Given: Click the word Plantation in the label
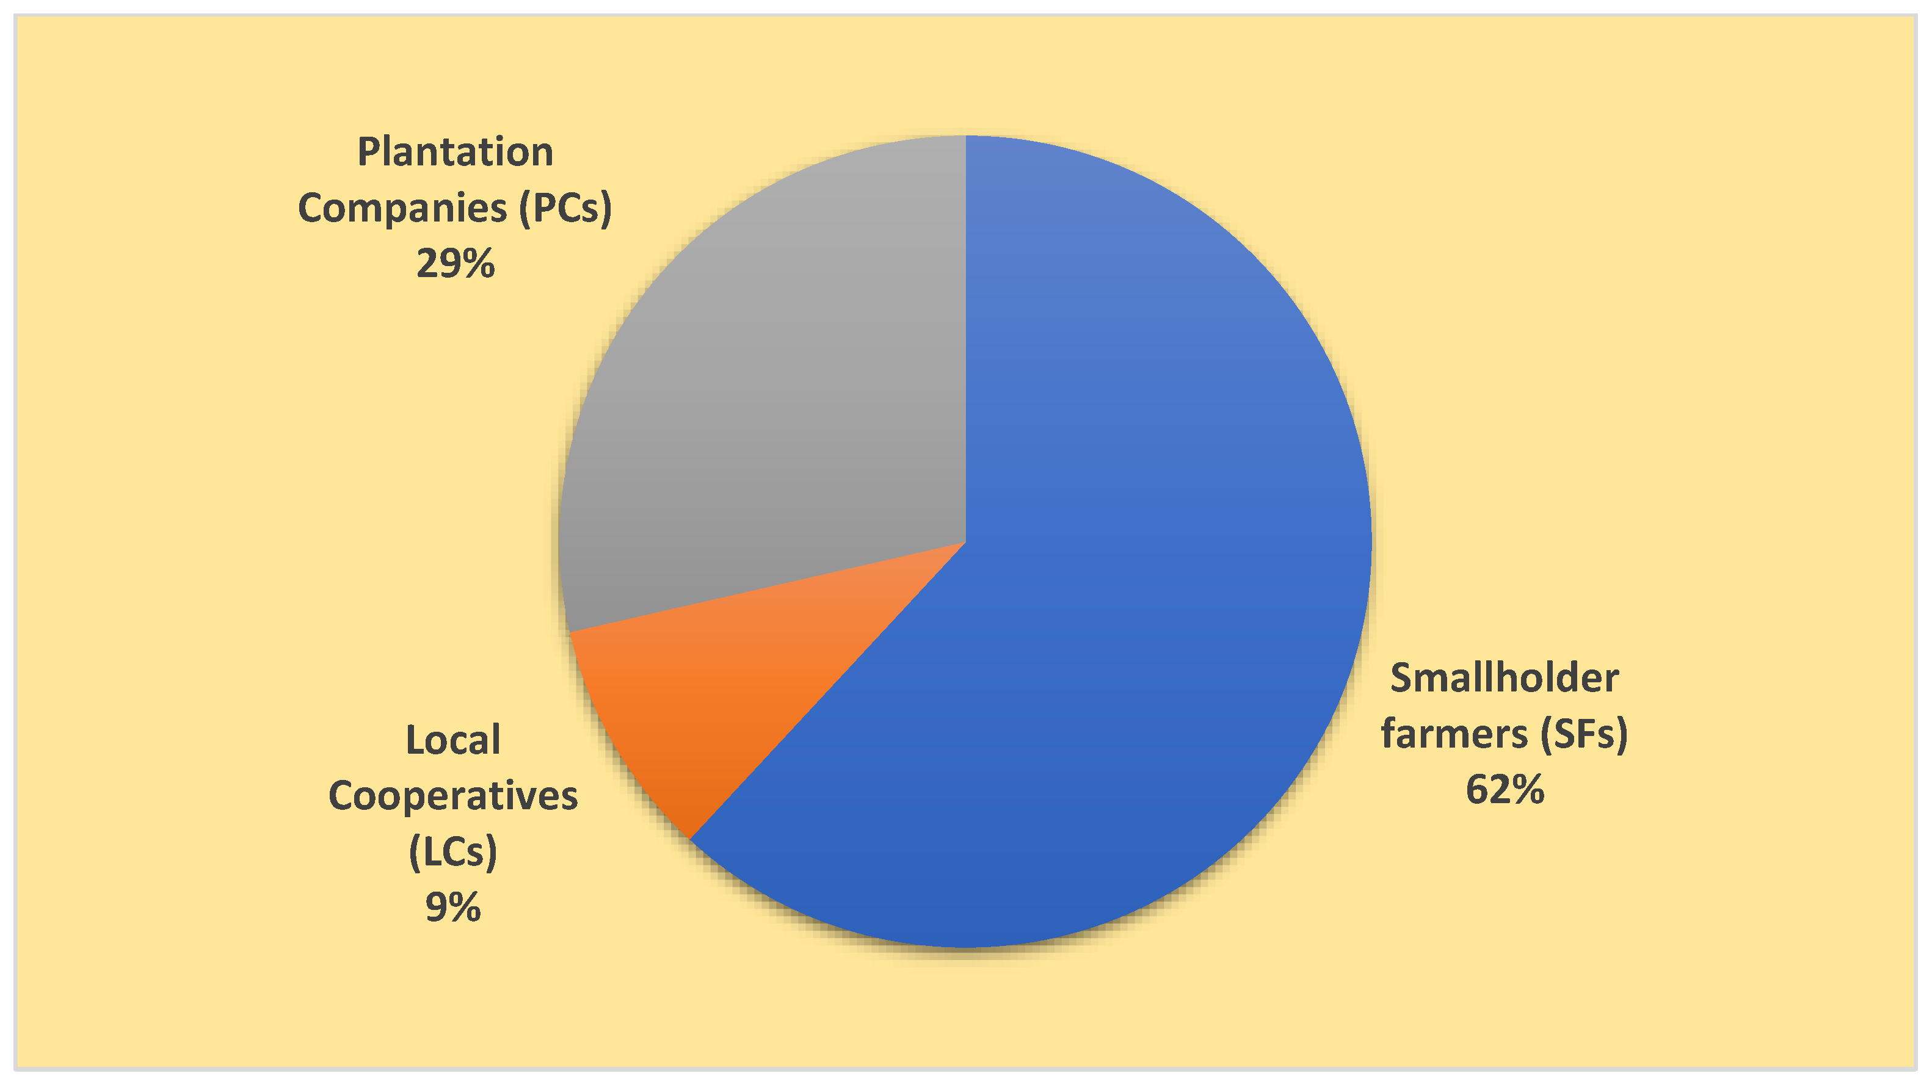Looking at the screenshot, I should coord(455,153).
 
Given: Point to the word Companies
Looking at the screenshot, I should coord(402,208).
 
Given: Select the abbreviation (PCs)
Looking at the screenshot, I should coord(565,208).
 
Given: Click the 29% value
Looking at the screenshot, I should coord(455,264).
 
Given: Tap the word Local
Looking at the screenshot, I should coord(452,741).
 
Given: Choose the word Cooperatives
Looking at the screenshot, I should coord(452,796).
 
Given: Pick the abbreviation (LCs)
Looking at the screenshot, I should coord(452,851).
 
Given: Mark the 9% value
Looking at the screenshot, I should coord(452,908).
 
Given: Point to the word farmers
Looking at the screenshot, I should coord(1453,734).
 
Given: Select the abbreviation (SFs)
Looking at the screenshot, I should coord(1583,734).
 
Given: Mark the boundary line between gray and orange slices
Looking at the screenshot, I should coord(769,587).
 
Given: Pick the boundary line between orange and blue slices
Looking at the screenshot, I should coord(829,690).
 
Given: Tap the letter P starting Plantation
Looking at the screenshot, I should coord(368,153).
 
